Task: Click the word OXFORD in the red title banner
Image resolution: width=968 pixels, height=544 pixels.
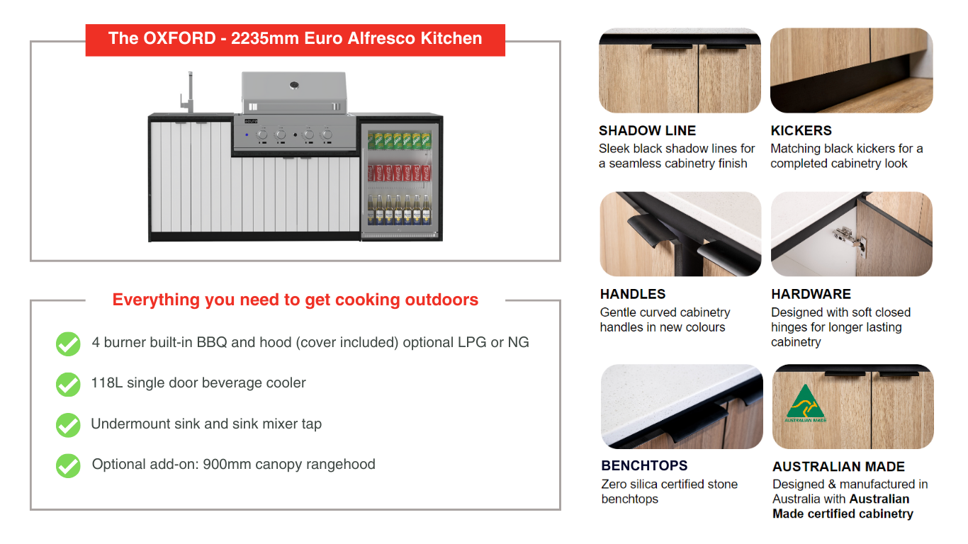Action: [x=179, y=38]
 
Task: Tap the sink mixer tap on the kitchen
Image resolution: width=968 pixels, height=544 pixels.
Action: [x=188, y=93]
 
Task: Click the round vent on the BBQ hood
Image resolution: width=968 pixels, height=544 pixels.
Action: [x=294, y=85]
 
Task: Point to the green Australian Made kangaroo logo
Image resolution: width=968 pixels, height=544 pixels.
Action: [x=806, y=403]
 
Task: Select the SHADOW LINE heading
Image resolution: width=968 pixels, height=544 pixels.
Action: [x=648, y=130]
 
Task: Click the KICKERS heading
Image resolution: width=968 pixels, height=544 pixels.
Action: [x=801, y=130]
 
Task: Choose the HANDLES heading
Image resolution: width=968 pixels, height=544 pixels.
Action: [x=633, y=294]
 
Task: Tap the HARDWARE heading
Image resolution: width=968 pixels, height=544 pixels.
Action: [x=811, y=294]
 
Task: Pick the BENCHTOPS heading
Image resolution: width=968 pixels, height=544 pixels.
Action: [x=644, y=466]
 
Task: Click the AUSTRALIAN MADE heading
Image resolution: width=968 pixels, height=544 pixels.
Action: [x=838, y=467]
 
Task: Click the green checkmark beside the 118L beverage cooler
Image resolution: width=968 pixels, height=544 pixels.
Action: [x=68, y=385]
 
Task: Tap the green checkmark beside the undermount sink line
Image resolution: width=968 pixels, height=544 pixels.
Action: [x=68, y=425]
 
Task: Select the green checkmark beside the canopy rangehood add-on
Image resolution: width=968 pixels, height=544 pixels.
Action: [x=68, y=466]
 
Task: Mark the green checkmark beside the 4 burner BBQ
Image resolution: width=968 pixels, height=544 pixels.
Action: [x=68, y=344]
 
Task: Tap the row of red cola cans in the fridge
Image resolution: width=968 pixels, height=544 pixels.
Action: [x=399, y=172]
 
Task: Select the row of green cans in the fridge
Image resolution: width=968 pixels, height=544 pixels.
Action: [x=399, y=141]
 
